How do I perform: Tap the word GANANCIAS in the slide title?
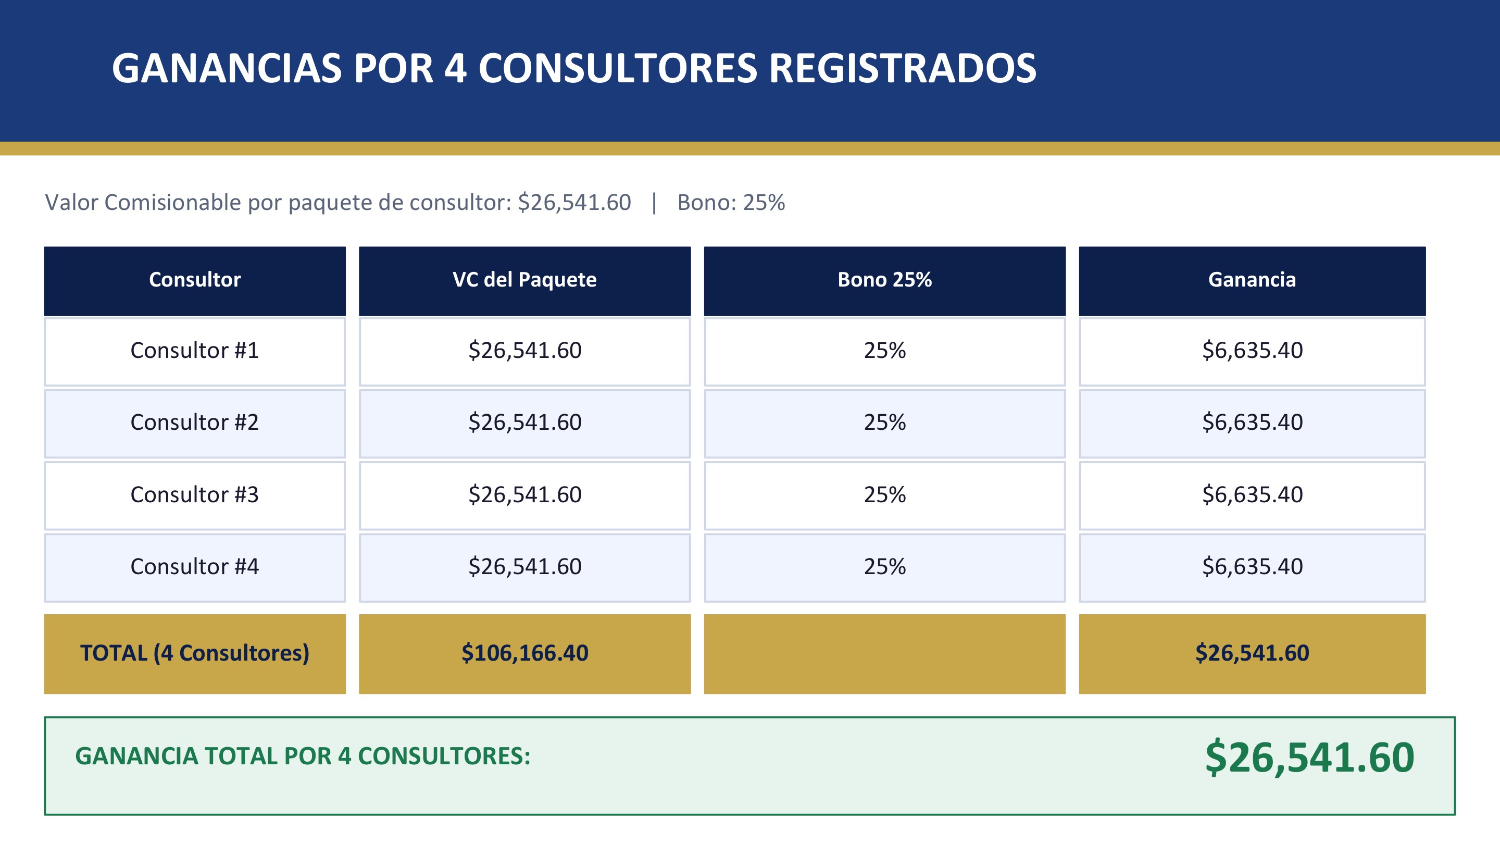point(227,68)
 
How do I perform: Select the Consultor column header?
point(194,280)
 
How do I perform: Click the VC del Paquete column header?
point(524,280)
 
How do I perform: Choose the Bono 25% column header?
point(884,280)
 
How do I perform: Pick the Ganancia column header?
point(1252,280)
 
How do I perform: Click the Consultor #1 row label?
point(194,351)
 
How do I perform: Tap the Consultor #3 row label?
point(194,495)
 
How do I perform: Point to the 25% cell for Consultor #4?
point(884,567)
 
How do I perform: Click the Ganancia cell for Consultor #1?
point(1252,351)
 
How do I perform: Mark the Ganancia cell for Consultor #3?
point(1252,495)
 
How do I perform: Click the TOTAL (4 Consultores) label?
point(194,653)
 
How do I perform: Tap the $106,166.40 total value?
point(524,653)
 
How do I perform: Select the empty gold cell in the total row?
point(884,653)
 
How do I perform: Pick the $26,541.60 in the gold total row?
point(1252,653)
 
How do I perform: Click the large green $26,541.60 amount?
point(1309,757)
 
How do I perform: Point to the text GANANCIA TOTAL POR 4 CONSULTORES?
point(303,756)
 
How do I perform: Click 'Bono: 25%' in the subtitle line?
point(731,203)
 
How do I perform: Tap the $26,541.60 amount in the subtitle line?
point(574,203)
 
